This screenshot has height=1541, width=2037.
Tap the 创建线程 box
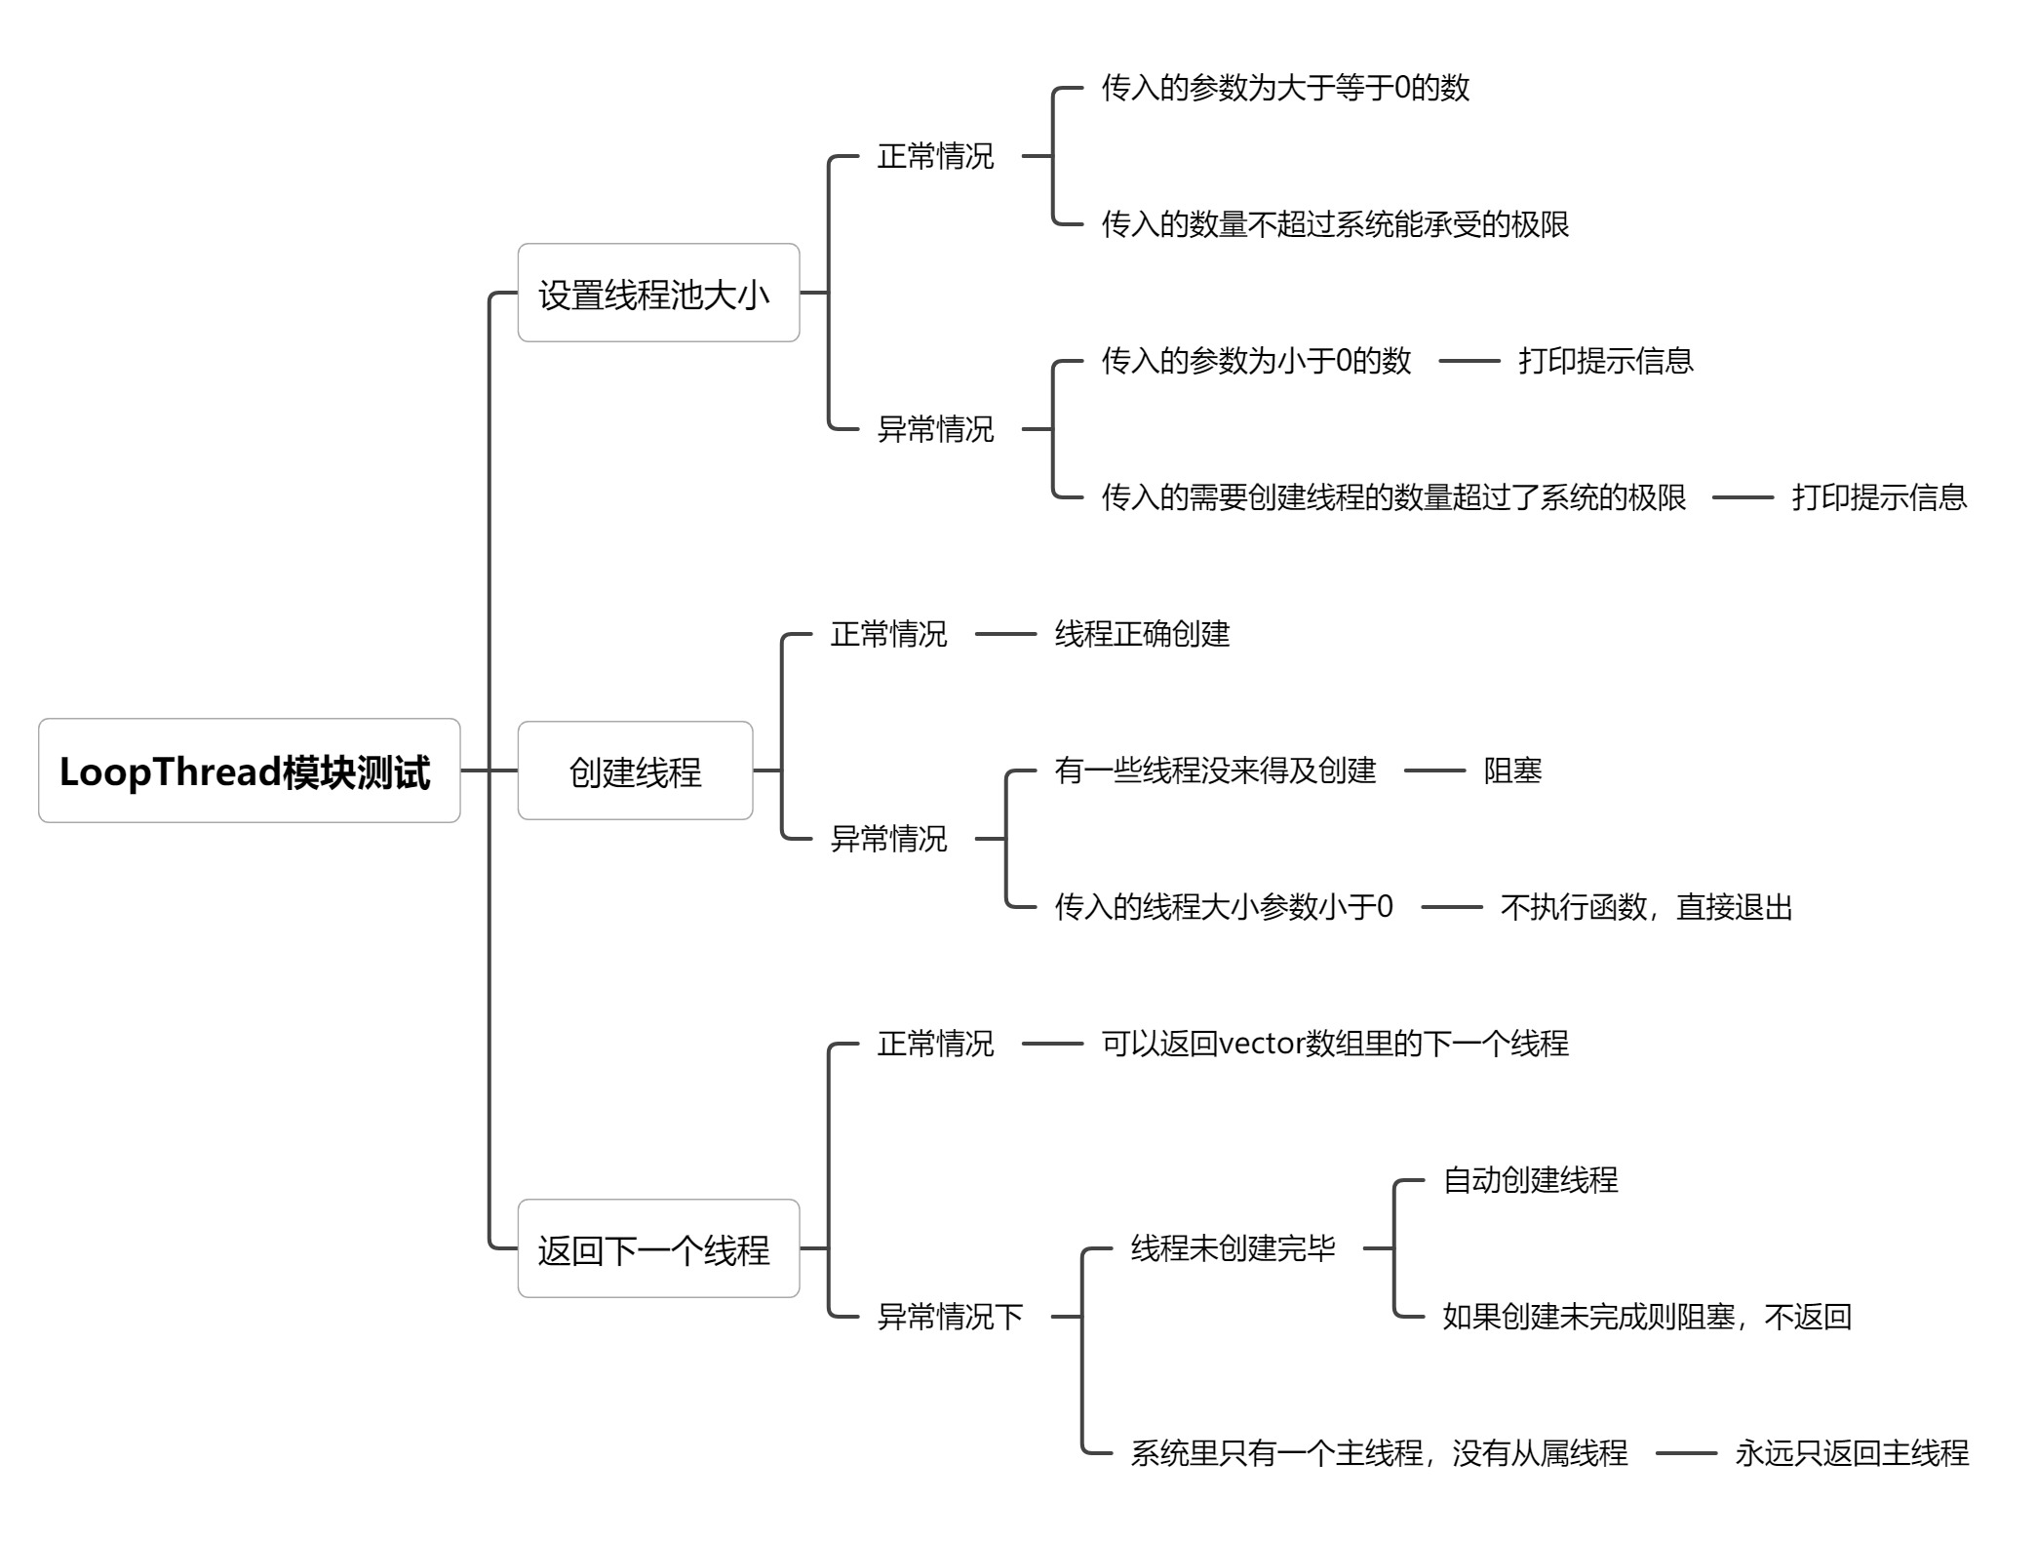[x=635, y=771]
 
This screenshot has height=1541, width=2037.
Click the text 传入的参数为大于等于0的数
[x=1285, y=89]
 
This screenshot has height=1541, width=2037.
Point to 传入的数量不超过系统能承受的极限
[x=1335, y=225]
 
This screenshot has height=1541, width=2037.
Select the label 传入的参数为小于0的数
[x=1256, y=362]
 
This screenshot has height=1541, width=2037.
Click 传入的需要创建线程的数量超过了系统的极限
[x=1393, y=498]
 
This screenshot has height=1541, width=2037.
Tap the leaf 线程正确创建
[x=1142, y=635]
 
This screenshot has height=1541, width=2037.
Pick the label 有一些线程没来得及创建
[x=1215, y=771]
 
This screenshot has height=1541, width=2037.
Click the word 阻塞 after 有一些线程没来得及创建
[x=1512, y=771]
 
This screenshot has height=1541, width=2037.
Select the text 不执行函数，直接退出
[x=1646, y=908]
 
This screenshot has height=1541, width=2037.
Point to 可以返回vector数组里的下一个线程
[x=1335, y=1045]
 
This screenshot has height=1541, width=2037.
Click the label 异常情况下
[x=950, y=1318]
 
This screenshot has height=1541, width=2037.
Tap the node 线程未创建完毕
[x=1233, y=1249]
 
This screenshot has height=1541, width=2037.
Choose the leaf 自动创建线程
[x=1530, y=1181]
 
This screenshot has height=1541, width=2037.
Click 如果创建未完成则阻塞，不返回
[x=1646, y=1318]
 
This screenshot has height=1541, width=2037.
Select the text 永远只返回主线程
[x=1852, y=1454]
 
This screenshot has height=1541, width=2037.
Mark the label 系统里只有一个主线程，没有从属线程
[x=1379, y=1454]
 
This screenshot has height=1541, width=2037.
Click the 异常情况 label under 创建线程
[x=888, y=840]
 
